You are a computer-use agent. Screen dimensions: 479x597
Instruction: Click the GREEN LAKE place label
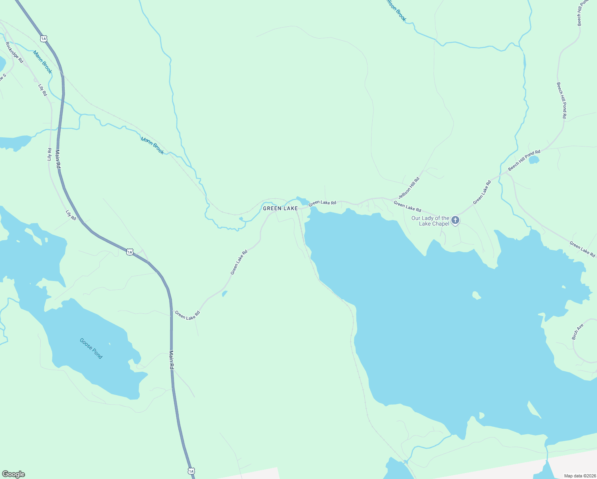tap(280, 208)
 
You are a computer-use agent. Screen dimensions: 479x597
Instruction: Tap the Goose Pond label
tap(91, 348)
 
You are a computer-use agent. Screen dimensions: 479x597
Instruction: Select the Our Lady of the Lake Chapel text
tap(430, 221)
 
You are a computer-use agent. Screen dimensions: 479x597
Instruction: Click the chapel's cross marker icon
tap(455, 220)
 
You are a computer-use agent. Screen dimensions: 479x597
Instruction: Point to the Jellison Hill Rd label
tap(409, 188)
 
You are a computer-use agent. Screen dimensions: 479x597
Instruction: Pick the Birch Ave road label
tap(577, 332)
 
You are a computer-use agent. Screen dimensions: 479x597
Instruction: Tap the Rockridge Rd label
tap(14, 53)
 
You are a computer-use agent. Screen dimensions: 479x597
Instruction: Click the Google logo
tap(13, 474)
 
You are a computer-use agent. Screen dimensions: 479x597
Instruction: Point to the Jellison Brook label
tap(395, 10)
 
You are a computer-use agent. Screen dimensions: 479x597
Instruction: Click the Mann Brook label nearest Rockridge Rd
tap(42, 62)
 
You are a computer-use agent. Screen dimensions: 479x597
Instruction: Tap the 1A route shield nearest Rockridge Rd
tap(43, 39)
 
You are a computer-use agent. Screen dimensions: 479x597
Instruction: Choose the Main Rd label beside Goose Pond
tap(172, 360)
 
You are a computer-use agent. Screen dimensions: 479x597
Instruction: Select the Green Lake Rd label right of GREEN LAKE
tap(322, 203)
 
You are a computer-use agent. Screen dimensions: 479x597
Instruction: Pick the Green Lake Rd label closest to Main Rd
tap(187, 315)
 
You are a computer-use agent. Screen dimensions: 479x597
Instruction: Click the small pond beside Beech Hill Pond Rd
tap(534, 160)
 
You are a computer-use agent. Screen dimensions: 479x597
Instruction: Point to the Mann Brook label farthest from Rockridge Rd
tap(152, 145)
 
